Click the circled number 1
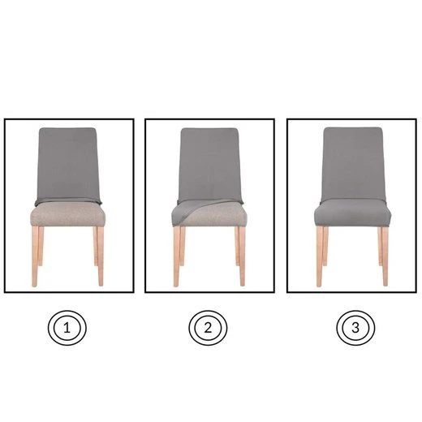[x=67, y=328]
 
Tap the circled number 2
[x=208, y=328]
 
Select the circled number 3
[x=355, y=328]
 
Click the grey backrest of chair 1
[x=67, y=164]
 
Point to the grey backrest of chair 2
[x=209, y=164]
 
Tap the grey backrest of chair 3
[x=353, y=164]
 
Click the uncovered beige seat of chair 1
[x=67, y=214]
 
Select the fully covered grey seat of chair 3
[x=352, y=213]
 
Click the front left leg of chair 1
[x=35, y=256]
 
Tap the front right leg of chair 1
[x=101, y=256]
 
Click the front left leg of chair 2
[x=176, y=256]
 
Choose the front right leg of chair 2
[x=242, y=256]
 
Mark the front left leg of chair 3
[x=320, y=256]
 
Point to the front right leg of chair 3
[x=385, y=256]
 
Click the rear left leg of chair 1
[x=41, y=246]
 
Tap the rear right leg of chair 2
[x=237, y=246]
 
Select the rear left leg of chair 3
[x=325, y=246]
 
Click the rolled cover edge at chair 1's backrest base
[x=68, y=201]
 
